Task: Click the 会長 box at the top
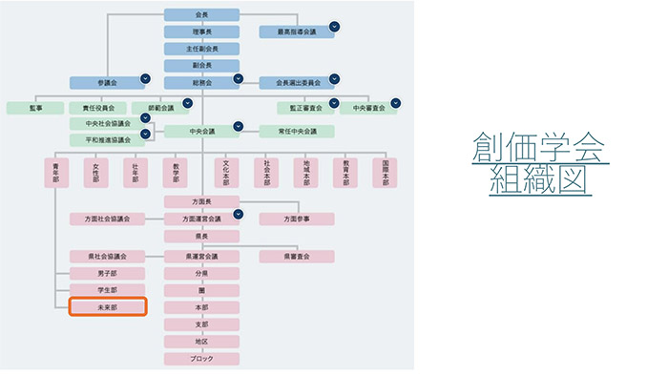201,14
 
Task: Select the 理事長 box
201,31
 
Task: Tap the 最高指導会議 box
297,31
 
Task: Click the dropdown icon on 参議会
145,78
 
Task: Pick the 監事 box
34,108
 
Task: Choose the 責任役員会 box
97,108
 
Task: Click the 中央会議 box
201,131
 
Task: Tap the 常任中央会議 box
297,131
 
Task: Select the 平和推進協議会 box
107,140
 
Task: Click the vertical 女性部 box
96,172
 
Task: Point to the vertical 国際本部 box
385,172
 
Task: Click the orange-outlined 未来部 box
107,306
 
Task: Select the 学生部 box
107,289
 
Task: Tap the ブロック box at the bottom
201,359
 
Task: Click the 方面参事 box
297,219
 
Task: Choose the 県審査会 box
297,257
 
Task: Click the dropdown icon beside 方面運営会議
239,215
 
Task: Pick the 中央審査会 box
366,108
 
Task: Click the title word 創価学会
540,150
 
